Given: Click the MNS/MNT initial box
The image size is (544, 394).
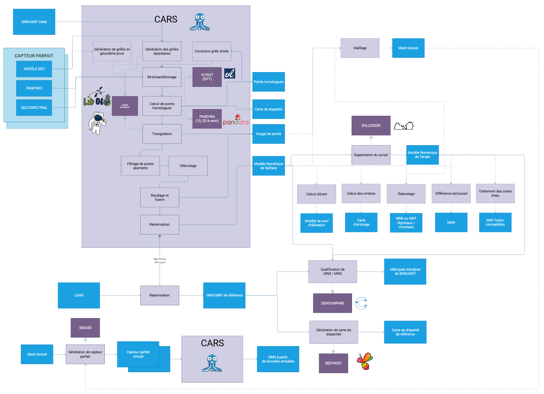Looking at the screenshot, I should pyautogui.click(x=34, y=22).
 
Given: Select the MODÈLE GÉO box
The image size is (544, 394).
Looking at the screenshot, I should pyautogui.click(x=34, y=69).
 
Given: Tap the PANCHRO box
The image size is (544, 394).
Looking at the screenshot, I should pyautogui.click(x=34, y=88).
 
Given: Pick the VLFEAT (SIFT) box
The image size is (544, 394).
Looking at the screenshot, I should pyautogui.click(x=207, y=77).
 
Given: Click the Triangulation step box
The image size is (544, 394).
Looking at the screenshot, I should pyautogui.click(x=162, y=134).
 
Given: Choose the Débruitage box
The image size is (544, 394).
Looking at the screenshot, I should pyautogui.click(x=188, y=166).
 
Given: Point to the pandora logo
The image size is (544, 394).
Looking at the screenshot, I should pyautogui.click(x=236, y=120).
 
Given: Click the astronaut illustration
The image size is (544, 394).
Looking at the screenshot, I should pyautogui.click(x=98, y=123).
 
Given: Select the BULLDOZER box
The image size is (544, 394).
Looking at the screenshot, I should pyautogui.click(x=371, y=126).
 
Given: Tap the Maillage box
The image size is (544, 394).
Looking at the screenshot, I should pyautogui.click(x=360, y=48).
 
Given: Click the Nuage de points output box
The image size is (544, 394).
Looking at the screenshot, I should pyautogui.click(x=268, y=134).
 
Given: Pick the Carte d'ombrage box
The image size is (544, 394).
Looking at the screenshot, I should pyautogui.click(x=361, y=222).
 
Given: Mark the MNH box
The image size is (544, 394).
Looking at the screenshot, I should pyautogui.click(x=451, y=222).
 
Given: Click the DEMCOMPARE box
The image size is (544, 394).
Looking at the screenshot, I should pyautogui.click(x=332, y=303).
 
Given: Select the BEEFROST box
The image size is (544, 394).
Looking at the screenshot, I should pyautogui.click(x=333, y=363).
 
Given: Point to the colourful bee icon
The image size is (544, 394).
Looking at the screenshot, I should pyautogui.click(x=365, y=361).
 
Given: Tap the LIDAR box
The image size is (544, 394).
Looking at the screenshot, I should pyautogui.click(x=79, y=295).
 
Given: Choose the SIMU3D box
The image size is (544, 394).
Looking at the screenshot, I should pyautogui.click(x=85, y=328).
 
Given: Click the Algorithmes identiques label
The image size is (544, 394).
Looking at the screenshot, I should pyautogui.click(x=160, y=261).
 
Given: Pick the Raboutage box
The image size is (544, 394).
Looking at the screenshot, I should pyautogui.click(x=406, y=194).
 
